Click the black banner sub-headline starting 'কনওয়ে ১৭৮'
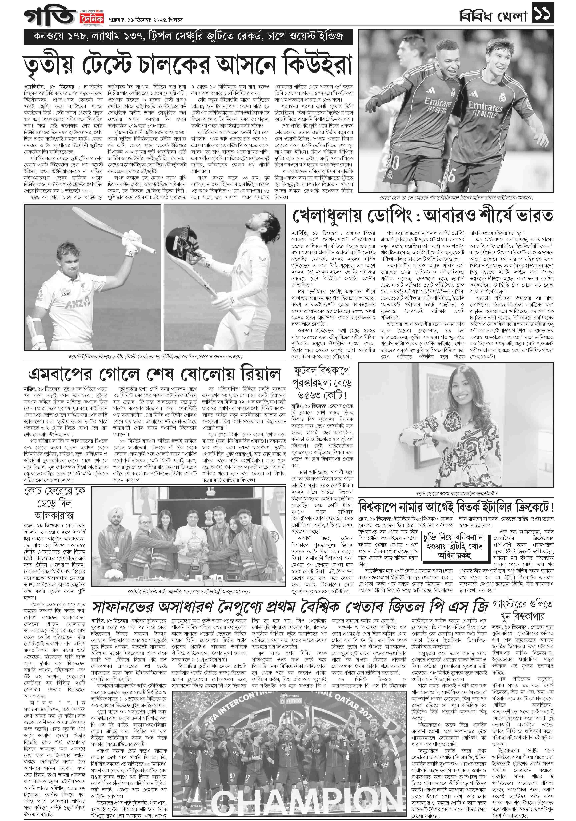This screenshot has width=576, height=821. pyautogui.click(x=188, y=36)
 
